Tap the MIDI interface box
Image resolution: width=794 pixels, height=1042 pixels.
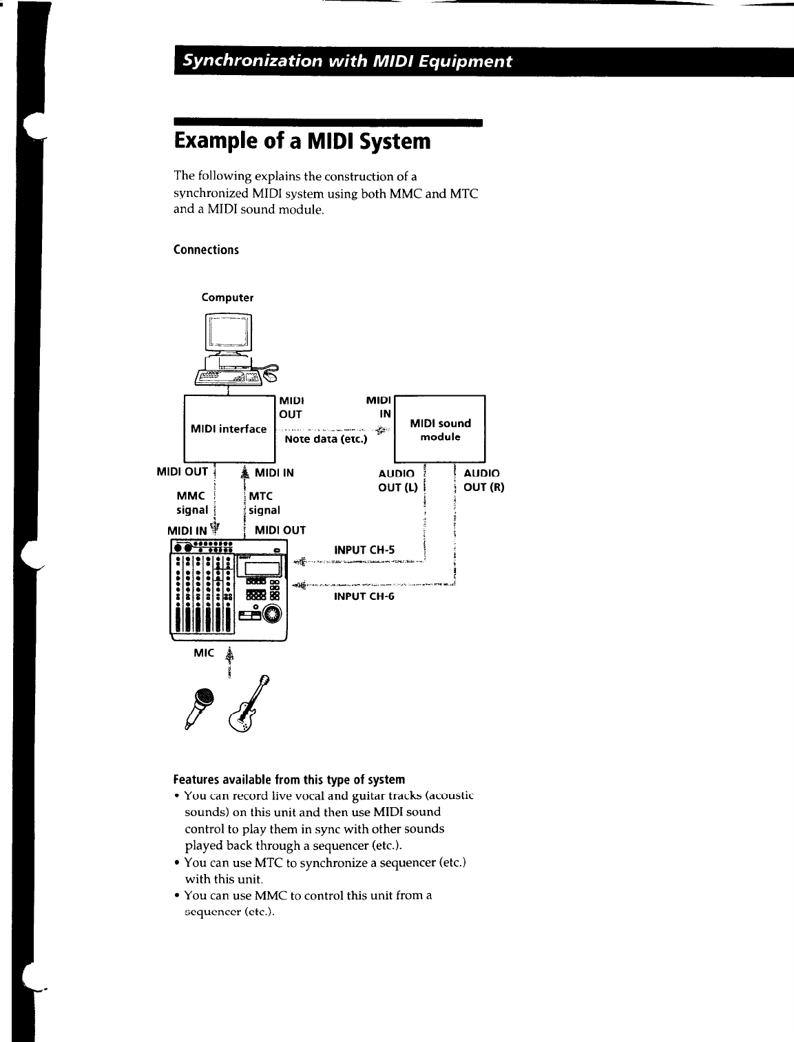pos(229,428)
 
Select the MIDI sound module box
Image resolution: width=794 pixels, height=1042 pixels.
pos(440,429)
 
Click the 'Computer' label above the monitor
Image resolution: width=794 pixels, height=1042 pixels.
pos(227,298)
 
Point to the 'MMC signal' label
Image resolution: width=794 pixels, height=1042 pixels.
pos(193,503)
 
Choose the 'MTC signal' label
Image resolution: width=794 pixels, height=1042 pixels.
pos(264,503)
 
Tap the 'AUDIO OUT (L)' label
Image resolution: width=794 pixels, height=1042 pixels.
pos(397,480)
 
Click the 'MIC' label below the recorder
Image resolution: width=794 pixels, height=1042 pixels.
pos(205,653)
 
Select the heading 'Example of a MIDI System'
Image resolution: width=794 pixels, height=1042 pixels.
pos(302,142)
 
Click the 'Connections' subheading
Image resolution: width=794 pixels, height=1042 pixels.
pos(206,249)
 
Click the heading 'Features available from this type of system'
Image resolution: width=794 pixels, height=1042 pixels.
pos(289,780)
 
